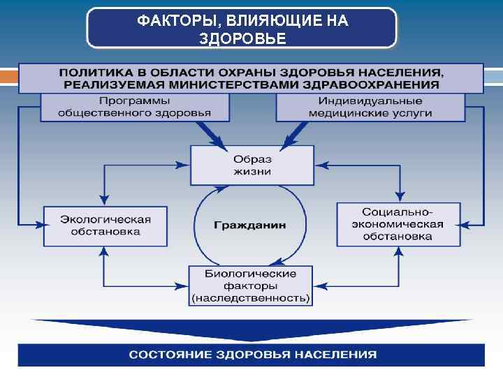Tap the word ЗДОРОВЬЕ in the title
click(242, 38)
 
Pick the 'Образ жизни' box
click(252, 165)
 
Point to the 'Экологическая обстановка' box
click(105, 225)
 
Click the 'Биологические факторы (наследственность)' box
click(251, 286)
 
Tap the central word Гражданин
click(250, 226)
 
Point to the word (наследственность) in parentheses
click(251, 297)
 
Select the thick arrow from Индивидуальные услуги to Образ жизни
click(293, 133)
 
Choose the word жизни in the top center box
click(252, 171)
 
